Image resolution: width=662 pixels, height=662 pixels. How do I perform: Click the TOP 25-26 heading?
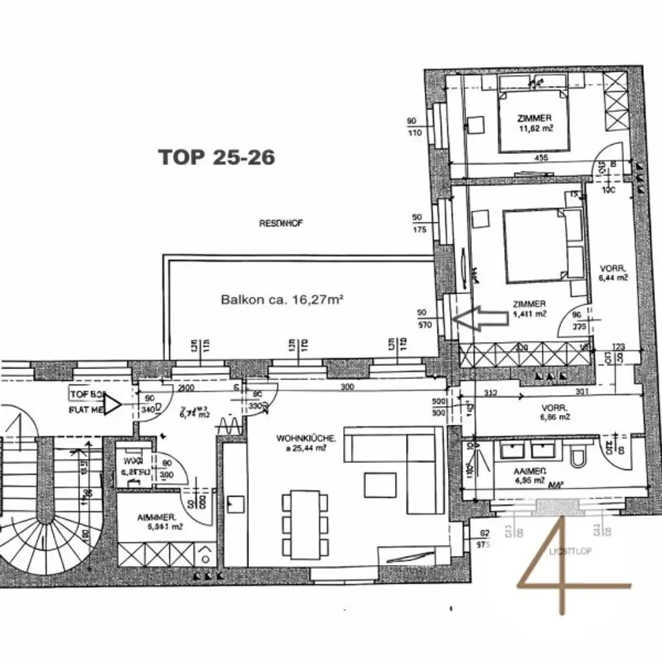click(217, 157)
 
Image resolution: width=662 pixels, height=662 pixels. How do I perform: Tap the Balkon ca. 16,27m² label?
click(281, 299)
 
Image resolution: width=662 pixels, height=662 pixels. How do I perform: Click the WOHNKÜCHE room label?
click(306, 443)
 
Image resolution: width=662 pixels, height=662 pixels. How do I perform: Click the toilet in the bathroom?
click(579, 455)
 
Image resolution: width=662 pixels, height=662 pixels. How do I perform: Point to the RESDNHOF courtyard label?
click(281, 223)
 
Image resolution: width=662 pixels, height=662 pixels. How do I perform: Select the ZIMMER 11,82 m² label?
click(534, 123)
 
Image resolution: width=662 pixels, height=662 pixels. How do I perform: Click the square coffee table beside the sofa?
click(379, 485)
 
